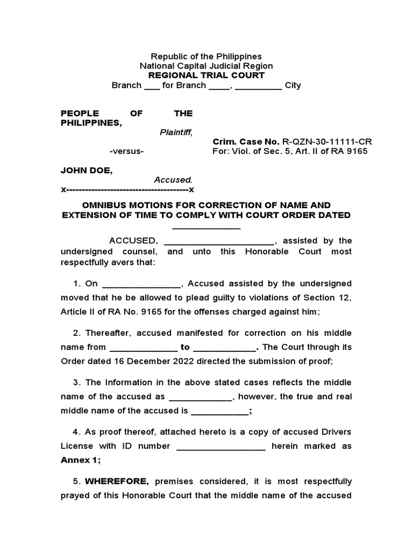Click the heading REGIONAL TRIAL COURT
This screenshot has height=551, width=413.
206,75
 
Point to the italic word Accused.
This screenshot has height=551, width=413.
173,180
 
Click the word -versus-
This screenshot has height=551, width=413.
126,151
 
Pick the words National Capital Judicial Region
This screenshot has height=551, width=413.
206,66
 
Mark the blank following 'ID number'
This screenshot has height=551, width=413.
220,447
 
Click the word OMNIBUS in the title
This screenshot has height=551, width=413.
104,206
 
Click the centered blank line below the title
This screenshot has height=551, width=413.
206,227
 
